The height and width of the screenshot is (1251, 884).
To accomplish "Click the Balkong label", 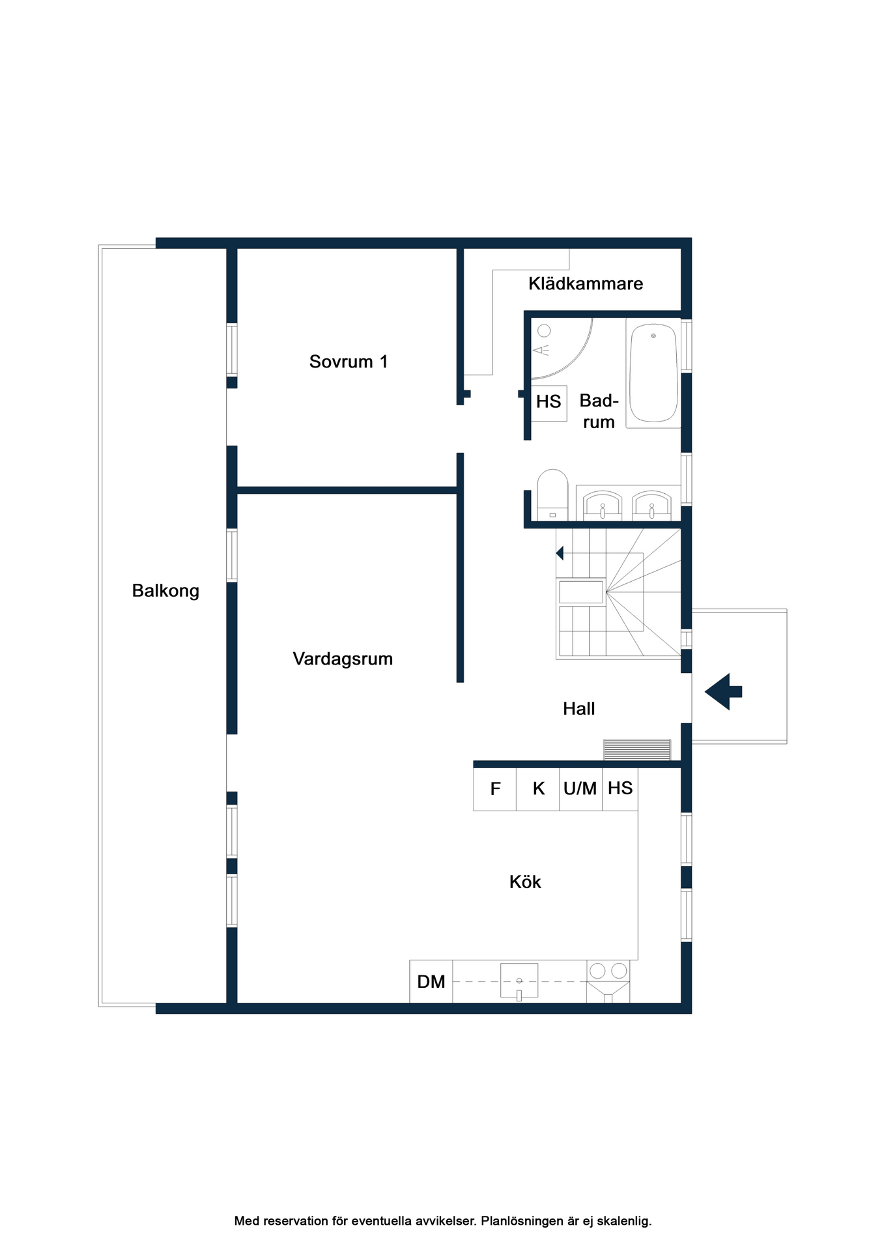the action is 165,591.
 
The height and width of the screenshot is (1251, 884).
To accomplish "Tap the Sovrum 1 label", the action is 349,362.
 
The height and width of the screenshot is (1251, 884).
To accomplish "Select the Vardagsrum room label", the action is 343,659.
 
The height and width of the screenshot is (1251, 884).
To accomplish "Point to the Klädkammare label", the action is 586,283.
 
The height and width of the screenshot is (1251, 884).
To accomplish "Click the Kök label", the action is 525,882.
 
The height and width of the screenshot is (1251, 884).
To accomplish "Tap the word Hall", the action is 579,709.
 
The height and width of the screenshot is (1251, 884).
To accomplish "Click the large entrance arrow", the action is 723,691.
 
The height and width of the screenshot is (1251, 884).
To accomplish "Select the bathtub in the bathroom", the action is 653,373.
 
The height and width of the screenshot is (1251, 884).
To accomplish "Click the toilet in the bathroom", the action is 552,495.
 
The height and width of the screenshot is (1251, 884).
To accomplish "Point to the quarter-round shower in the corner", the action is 562,349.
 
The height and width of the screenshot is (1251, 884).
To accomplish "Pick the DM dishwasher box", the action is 431,981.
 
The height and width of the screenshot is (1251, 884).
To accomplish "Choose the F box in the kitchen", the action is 495,789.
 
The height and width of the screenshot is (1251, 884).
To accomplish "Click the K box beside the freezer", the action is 538,789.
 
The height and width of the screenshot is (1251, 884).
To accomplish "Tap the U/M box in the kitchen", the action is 580,789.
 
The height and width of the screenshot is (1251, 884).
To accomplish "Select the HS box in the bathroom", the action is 549,403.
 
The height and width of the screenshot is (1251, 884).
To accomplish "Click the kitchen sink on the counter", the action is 519,981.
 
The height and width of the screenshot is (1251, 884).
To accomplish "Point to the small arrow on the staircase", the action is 560,553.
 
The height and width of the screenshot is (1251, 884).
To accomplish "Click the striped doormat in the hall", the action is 637,750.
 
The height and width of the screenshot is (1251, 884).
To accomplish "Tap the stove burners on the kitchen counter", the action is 608,971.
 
